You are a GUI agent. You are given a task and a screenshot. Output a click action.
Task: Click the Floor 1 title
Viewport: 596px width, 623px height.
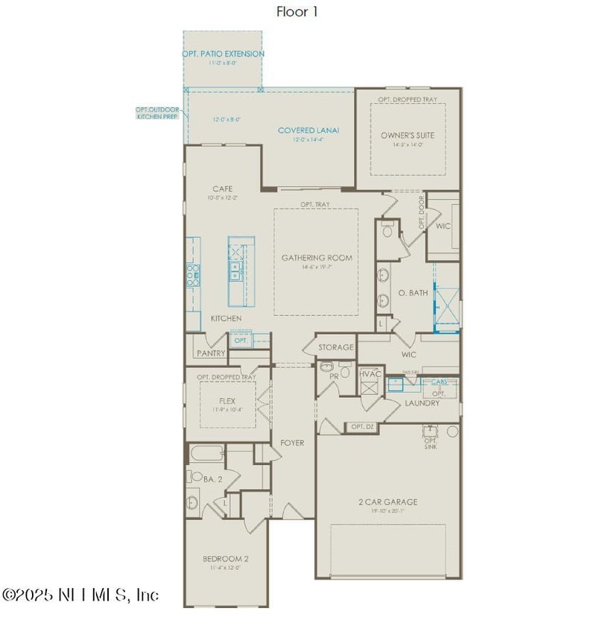pos(297,11)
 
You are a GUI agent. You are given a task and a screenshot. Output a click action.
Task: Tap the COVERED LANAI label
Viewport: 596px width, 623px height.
pos(308,130)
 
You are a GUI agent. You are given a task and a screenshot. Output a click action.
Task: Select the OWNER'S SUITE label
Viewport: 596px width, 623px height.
pos(408,136)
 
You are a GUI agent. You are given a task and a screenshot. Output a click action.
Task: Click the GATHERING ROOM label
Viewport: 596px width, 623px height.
pos(317,258)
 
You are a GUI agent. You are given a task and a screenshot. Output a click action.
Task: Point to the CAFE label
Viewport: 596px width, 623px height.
pos(222,189)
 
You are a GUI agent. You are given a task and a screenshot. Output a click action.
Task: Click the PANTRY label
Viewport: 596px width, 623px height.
pos(211,353)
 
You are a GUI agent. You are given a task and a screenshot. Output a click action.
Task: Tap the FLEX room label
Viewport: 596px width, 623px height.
pos(227,400)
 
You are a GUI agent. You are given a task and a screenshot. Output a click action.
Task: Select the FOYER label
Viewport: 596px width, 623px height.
pos(292,443)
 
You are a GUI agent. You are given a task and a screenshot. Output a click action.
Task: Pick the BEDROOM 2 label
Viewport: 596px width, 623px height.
pos(226,559)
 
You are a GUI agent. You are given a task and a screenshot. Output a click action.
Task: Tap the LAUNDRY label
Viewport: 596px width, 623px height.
pos(422,403)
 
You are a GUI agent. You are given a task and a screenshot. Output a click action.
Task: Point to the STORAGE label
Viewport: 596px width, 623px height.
pos(336,347)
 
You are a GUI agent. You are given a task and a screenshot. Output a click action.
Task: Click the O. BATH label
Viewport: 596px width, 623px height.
pos(413,293)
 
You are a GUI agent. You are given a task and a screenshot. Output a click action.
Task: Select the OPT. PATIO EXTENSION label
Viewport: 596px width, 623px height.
pos(223,54)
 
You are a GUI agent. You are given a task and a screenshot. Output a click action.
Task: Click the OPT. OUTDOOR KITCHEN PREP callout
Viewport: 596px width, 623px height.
pos(157,113)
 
